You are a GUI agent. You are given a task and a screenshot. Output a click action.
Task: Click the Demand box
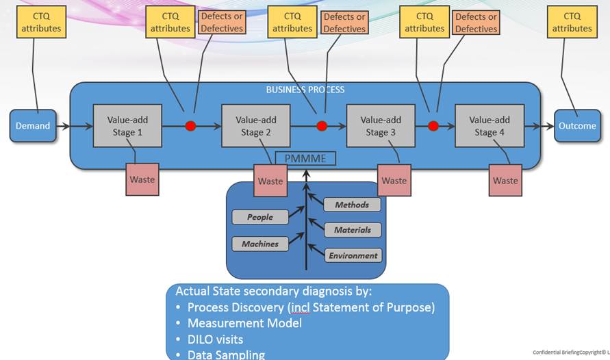pyautogui.click(x=33, y=126)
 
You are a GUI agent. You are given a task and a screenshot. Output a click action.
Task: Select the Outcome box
pyautogui.click(x=577, y=126)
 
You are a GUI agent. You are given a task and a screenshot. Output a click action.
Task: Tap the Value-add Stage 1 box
pyautogui.click(x=127, y=126)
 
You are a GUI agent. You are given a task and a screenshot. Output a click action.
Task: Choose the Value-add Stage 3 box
pyautogui.click(x=381, y=126)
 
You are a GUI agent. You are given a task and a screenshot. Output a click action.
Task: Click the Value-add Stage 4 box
pyautogui.click(x=490, y=126)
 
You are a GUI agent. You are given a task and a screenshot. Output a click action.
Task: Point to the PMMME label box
pyautogui.click(x=305, y=159)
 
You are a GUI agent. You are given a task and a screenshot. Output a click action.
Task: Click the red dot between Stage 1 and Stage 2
pyautogui.click(x=191, y=126)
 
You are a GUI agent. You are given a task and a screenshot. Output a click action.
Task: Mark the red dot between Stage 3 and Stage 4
pyautogui.click(x=433, y=126)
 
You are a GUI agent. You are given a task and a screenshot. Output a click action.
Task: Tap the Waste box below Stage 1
pyautogui.click(x=142, y=180)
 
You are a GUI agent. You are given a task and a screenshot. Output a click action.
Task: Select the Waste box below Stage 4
pyautogui.click(x=505, y=181)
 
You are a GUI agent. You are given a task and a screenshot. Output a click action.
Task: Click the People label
pyautogui.click(x=260, y=217)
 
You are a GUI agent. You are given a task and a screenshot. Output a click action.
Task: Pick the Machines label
pyautogui.click(x=260, y=244)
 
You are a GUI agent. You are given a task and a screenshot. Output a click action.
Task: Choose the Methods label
pyautogui.click(x=352, y=205)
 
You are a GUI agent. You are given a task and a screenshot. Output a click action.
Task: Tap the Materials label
pyautogui.click(x=352, y=230)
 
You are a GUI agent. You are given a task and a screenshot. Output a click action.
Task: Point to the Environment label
pyautogui.click(x=353, y=255)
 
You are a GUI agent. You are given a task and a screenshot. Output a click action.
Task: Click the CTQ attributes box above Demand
pyautogui.click(x=41, y=22)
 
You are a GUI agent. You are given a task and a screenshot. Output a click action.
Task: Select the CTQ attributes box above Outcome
pyautogui.click(x=572, y=22)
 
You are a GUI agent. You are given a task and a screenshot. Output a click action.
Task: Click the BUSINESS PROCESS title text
pyautogui.click(x=305, y=90)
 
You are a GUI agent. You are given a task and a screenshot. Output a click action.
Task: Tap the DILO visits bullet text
pyautogui.click(x=215, y=339)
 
